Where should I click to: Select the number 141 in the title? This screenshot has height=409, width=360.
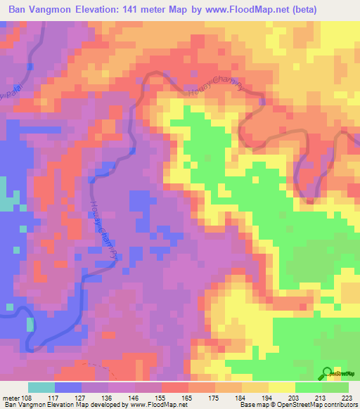(x=142, y=9)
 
